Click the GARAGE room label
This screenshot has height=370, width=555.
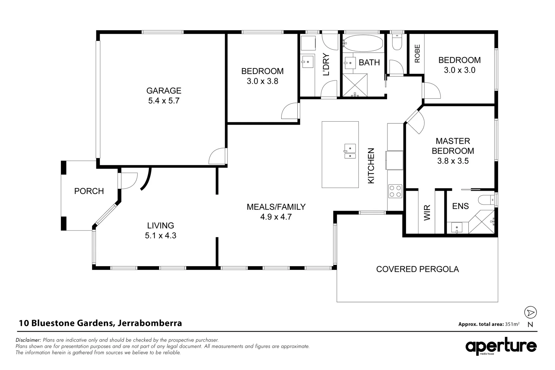coord(164,91)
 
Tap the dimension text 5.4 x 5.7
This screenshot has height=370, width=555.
coord(164,101)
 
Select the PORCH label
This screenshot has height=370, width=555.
coord(89,191)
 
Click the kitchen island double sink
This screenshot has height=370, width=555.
coord(350,151)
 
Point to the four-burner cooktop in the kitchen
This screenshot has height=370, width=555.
coord(395,191)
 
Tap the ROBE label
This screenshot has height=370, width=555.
coord(417,54)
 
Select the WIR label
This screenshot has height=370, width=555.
coord(427,213)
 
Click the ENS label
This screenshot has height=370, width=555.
coord(460,206)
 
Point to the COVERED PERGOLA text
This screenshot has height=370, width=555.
coord(417,269)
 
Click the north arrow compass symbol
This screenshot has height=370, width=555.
coord(530,312)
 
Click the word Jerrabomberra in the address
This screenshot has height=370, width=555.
coord(150,323)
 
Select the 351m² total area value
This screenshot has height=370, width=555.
coord(512,324)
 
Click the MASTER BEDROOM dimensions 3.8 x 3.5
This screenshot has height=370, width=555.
coord(453,161)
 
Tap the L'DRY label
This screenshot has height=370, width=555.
coord(326,64)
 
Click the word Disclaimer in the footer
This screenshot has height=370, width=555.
coord(28,340)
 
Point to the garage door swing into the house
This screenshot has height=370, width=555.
coord(218,156)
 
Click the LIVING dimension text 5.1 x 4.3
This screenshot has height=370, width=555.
coord(160,236)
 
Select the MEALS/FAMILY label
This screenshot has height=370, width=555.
coord(276,207)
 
